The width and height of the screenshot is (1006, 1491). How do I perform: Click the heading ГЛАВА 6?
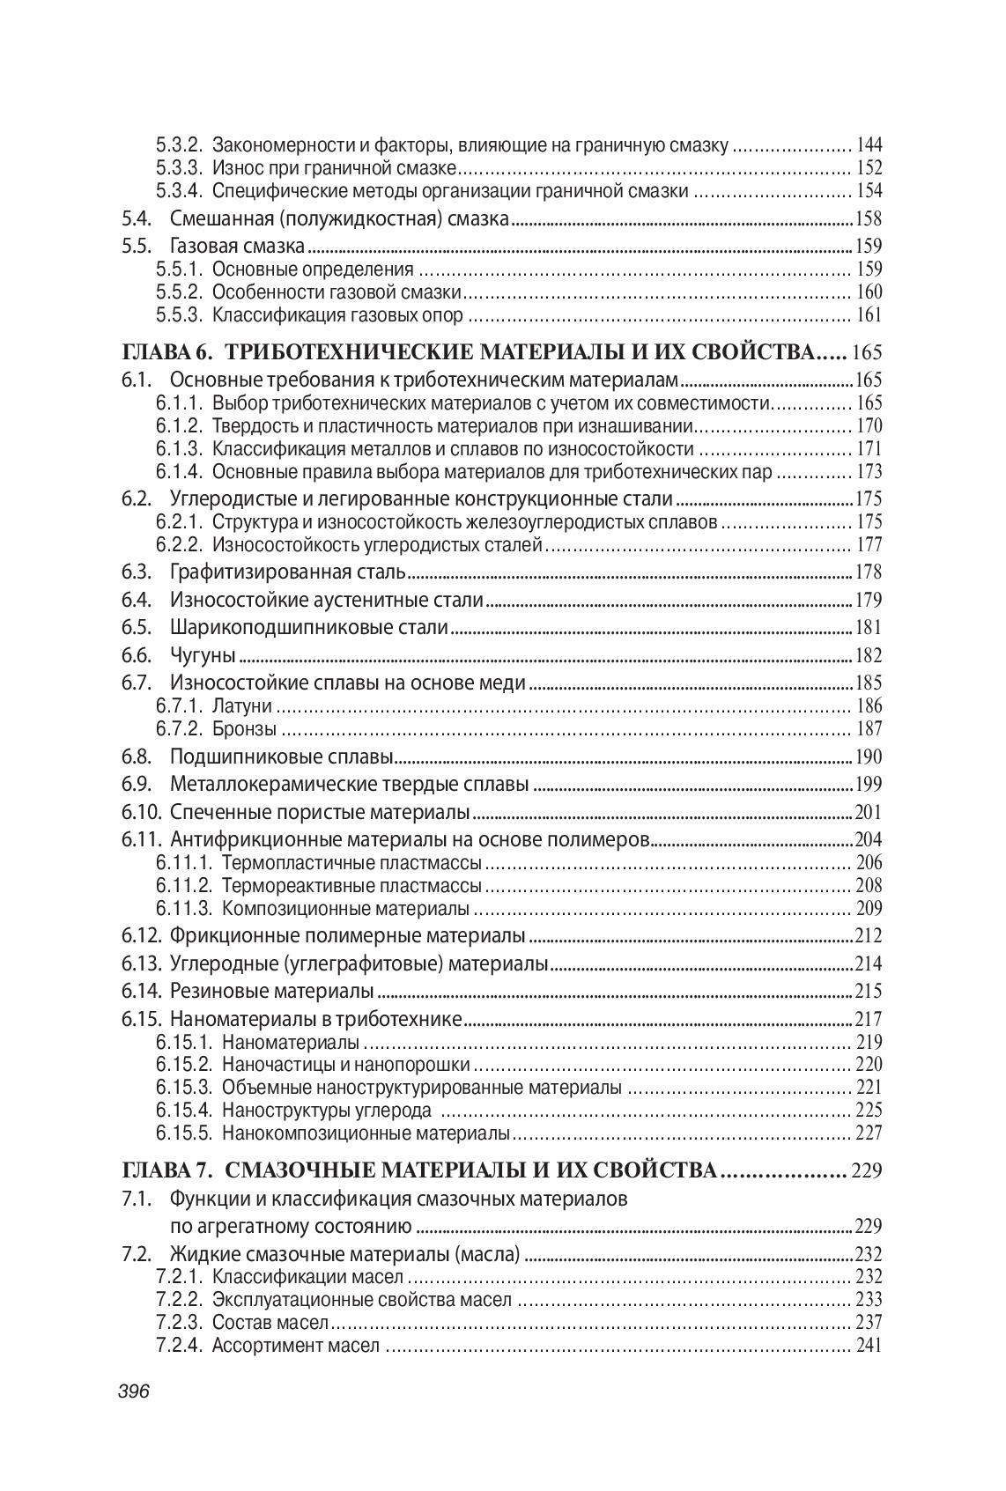tap(167, 353)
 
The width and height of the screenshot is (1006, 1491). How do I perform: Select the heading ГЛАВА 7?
tap(167, 1170)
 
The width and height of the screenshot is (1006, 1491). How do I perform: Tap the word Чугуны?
tap(203, 655)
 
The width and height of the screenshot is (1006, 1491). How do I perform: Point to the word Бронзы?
tap(245, 729)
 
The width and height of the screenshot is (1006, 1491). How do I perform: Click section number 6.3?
tap(137, 572)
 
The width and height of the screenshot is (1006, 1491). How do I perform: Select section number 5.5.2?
tap(180, 292)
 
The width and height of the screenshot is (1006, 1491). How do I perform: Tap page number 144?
tap(869, 145)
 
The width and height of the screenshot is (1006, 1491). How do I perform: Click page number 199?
tap(869, 785)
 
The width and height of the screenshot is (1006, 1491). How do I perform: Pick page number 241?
tap(869, 1346)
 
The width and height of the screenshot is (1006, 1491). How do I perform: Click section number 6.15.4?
tap(185, 1110)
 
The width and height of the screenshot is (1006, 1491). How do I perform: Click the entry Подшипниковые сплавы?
tap(281, 757)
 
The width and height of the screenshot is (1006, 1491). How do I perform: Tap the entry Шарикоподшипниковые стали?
tap(309, 628)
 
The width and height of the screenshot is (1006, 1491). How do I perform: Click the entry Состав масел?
tap(270, 1323)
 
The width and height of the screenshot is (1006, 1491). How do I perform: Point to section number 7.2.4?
tap(180, 1346)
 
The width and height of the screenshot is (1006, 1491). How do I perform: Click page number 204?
tap(869, 839)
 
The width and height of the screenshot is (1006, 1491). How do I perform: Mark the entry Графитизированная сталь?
tap(287, 572)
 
